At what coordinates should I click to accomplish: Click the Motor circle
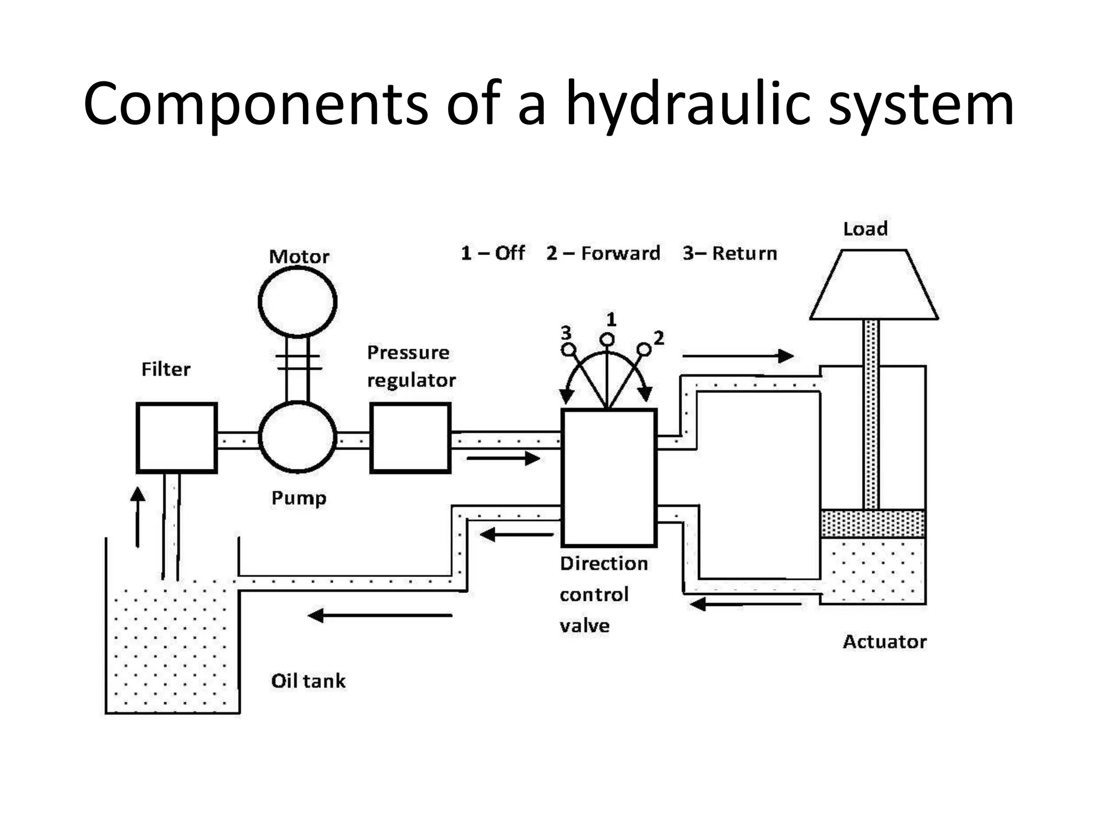click(x=298, y=302)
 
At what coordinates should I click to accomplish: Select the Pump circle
click(x=298, y=438)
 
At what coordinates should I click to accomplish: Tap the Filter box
click(x=177, y=438)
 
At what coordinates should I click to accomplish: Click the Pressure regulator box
click(x=410, y=438)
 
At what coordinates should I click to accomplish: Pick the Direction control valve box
click(x=609, y=477)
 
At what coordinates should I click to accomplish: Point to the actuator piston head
click(x=872, y=523)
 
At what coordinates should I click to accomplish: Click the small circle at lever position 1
click(x=607, y=340)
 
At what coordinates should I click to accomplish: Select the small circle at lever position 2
click(x=644, y=350)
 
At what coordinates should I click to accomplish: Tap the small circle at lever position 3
click(x=568, y=350)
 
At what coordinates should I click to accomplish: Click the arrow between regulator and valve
click(x=503, y=458)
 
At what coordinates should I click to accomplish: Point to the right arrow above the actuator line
click(x=738, y=356)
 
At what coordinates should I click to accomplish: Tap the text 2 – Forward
click(x=603, y=253)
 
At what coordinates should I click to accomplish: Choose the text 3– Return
click(x=730, y=253)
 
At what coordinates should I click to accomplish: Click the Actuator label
click(x=885, y=641)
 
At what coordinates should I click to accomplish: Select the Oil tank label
click(x=308, y=681)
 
